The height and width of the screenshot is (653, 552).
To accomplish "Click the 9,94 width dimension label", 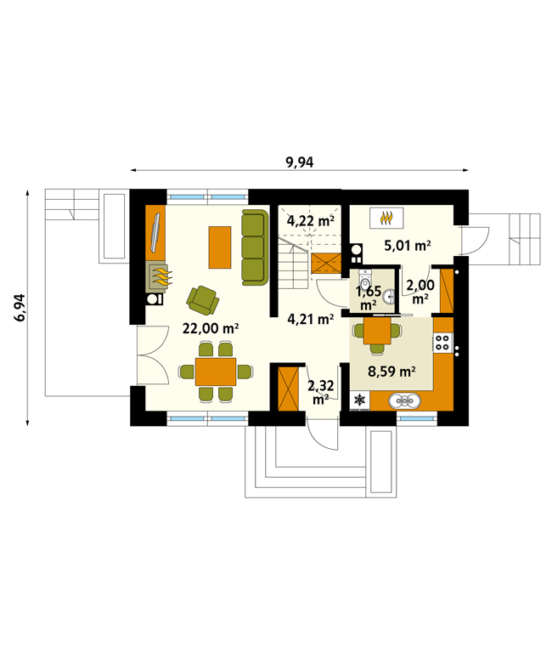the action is pos(300,162).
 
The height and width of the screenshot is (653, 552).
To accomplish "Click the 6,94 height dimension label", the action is pos(20,307).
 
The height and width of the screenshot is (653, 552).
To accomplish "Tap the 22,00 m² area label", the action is pos(211,328).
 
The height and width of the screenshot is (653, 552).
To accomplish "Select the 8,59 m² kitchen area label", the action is pos(391,371).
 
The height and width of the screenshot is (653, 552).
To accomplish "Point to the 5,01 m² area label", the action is pos(408,245).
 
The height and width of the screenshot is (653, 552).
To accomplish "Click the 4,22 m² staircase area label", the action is pos(311,220).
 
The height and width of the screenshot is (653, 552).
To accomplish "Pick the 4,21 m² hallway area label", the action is pos(311,319).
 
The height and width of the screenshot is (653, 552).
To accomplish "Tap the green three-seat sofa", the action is pos(255,247).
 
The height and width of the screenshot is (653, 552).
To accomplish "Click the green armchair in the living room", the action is pos(203,299).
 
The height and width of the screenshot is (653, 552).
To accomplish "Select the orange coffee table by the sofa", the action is pos(220,247).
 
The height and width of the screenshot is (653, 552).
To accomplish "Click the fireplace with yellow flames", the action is pos(157,277).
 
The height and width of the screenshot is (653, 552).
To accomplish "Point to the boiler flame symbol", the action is pos(386,219).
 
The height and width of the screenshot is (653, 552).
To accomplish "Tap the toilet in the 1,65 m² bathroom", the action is pos(365,279).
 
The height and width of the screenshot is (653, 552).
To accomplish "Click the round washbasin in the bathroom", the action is pos(389,296).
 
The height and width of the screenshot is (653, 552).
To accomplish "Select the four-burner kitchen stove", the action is pos(443,343).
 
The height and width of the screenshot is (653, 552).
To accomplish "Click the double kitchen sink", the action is pos(405,401).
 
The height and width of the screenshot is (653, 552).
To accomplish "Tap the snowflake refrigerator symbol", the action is pos(359,400).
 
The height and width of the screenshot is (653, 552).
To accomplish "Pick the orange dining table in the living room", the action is pos(216,372).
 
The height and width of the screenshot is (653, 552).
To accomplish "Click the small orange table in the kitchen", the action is pos(377,331).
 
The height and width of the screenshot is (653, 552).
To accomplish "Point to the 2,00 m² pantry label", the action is pos(420,291).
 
